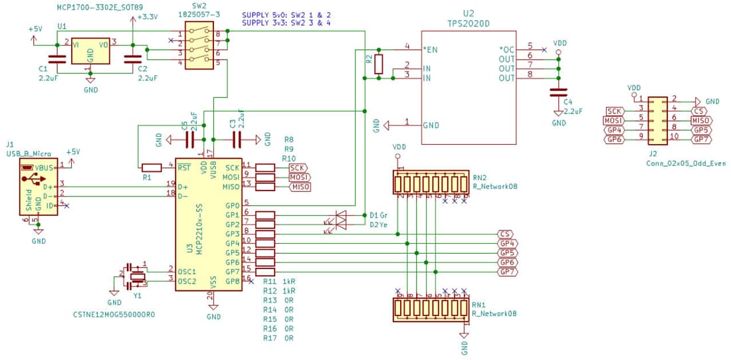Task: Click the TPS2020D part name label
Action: (469, 22)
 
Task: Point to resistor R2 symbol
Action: (378, 64)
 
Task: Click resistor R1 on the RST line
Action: (151, 167)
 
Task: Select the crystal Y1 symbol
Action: (138, 276)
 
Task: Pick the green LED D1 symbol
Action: (341, 215)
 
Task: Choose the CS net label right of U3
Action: (506, 234)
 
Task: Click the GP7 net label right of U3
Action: (508, 272)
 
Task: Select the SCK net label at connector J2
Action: (615, 111)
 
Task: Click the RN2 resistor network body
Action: (431, 181)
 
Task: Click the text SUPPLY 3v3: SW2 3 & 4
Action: (286, 23)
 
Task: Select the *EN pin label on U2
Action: (431, 50)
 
